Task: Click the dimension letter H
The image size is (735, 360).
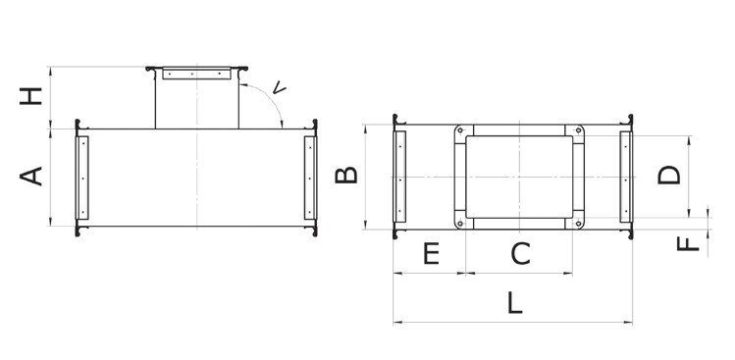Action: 31,96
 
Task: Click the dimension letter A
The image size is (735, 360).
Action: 31,177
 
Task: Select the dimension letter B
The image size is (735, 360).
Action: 346,175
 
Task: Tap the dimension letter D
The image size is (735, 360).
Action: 669,175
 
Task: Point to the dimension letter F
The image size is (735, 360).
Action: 688,243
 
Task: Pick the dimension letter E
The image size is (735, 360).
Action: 431,254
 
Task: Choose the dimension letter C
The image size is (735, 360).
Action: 520,254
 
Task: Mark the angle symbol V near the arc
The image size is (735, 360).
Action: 279,87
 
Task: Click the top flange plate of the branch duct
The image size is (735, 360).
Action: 197,74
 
